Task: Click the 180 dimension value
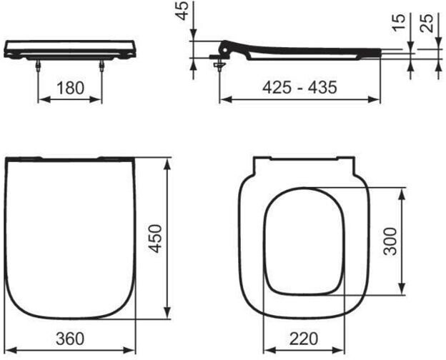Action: [70, 88]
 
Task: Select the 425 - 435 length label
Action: [299, 87]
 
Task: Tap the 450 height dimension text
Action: [156, 239]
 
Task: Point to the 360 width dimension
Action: [70, 339]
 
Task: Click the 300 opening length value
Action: [390, 241]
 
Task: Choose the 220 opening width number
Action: [304, 339]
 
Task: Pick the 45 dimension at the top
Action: [182, 11]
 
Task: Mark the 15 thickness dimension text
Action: [399, 22]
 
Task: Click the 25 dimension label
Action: [427, 23]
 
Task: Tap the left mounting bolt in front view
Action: [38, 66]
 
